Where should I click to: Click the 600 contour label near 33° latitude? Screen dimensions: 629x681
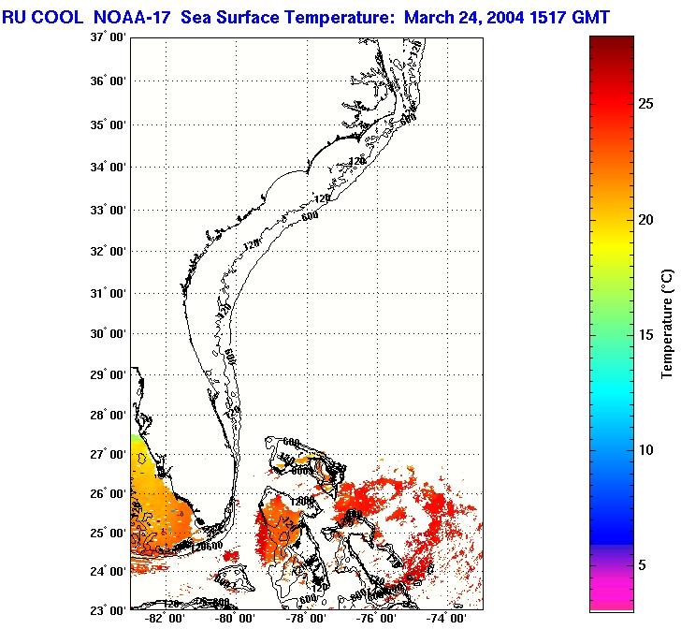click(x=310, y=216)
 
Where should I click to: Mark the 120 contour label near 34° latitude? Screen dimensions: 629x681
click(x=355, y=161)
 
